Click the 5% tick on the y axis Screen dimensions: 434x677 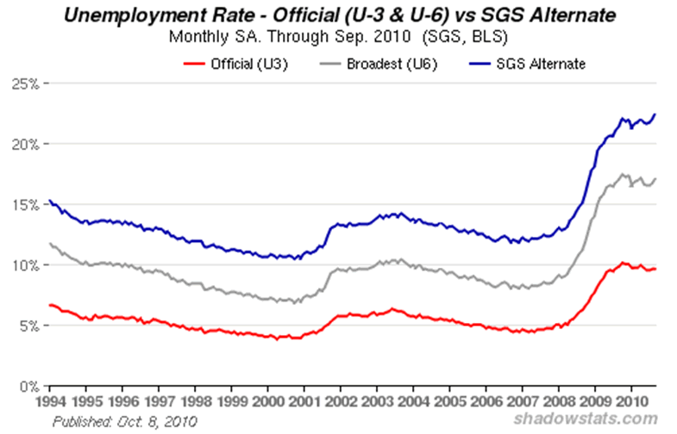pos(31,326)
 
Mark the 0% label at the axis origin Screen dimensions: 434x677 pos(31,387)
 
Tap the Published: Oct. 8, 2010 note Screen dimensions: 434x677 pos(124,421)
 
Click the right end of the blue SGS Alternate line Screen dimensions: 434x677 pos(655,114)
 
